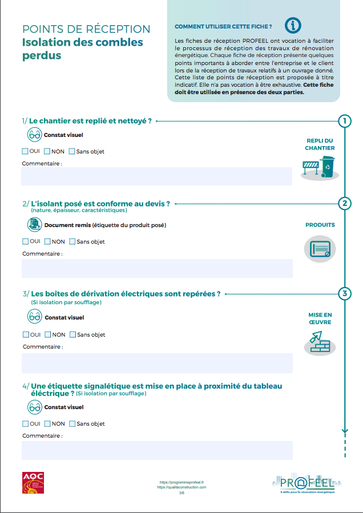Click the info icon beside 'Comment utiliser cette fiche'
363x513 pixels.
(293, 25)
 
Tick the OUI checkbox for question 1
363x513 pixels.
(25, 151)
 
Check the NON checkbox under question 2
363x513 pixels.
(47, 241)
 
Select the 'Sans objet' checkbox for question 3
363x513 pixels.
(72, 334)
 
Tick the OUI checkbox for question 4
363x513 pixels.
(25, 423)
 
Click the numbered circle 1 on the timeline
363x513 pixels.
(344, 121)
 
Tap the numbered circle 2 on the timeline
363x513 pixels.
(344, 204)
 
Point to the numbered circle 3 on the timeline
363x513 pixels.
(344, 294)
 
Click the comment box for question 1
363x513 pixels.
(156, 176)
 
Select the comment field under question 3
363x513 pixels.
(156, 363)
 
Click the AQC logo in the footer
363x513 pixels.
(33, 483)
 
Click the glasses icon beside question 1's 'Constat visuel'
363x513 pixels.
(35, 135)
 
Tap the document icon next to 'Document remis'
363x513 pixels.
(35, 225)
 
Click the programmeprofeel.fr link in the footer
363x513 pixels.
(181, 482)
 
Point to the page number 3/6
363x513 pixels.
(181, 492)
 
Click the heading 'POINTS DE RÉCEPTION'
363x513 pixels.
(86, 29)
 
